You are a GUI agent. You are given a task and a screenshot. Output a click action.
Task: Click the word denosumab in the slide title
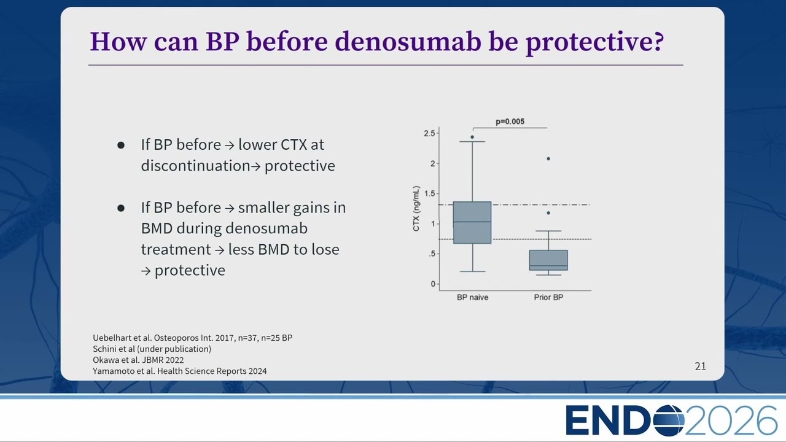click(x=408, y=42)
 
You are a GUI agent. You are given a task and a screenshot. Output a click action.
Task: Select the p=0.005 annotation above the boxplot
click(x=510, y=122)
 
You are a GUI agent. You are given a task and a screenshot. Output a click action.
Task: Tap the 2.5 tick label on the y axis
click(x=429, y=133)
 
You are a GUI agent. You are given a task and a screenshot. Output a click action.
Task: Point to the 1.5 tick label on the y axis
click(x=429, y=193)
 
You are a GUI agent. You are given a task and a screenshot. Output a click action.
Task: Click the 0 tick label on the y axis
click(x=433, y=284)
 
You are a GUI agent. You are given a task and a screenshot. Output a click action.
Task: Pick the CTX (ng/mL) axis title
click(x=416, y=208)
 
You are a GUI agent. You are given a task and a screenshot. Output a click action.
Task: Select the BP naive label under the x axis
click(x=472, y=298)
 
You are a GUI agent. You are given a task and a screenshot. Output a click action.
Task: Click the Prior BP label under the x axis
click(x=548, y=298)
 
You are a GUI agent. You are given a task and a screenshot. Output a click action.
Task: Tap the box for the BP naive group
click(x=472, y=222)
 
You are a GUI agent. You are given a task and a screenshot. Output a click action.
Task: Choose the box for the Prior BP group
click(x=548, y=260)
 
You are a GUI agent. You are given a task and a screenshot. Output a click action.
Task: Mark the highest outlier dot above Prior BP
click(x=548, y=158)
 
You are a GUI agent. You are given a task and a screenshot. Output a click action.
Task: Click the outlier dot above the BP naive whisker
click(x=472, y=137)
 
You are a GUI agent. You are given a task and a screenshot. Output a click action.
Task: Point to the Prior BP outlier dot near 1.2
click(x=548, y=213)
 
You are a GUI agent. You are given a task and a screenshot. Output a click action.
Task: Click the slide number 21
click(x=701, y=366)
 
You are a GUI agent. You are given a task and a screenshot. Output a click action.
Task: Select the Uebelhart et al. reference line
click(x=192, y=338)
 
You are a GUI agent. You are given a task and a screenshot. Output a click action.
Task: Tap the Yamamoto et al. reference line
click(x=180, y=371)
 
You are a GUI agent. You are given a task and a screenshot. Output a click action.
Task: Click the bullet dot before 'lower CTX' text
click(x=121, y=145)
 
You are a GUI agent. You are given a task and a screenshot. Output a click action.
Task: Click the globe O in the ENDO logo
click(x=668, y=420)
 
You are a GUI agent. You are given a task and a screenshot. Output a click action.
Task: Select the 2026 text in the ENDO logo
click(x=731, y=421)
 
